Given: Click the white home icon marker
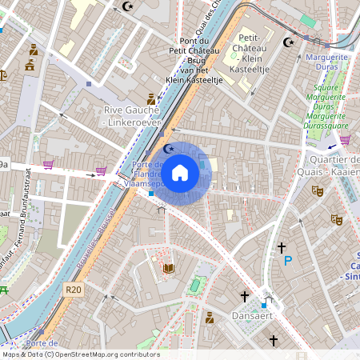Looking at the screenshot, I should [x=180, y=173].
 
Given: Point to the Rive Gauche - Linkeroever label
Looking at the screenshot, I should [x=132, y=115].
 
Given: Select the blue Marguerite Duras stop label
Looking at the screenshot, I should [x=327, y=62].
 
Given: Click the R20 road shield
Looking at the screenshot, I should [x=74, y=290].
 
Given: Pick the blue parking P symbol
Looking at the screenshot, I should [x=288, y=260].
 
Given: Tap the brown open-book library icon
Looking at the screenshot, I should [x=168, y=268].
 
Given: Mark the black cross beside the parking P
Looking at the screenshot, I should [x=282, y=248].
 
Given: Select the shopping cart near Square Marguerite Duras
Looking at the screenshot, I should [x=345, y=139].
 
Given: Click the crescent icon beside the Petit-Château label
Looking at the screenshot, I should [x=290, y=42].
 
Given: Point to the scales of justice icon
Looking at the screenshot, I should [x=3, y=76].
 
